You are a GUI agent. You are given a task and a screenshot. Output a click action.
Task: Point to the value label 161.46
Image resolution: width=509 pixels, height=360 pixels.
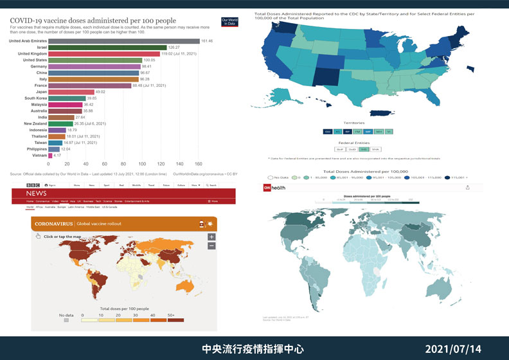pos(207,41)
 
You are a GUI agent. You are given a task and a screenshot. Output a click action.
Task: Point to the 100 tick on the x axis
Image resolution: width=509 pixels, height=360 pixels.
pos(142,163)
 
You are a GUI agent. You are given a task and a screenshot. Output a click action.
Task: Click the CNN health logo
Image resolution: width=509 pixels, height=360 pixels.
pos(275,187)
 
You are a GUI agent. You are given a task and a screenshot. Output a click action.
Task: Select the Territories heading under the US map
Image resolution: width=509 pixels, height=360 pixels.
pos(354,122)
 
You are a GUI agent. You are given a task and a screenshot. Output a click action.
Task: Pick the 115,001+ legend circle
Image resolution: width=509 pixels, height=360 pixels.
pos(447,177)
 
